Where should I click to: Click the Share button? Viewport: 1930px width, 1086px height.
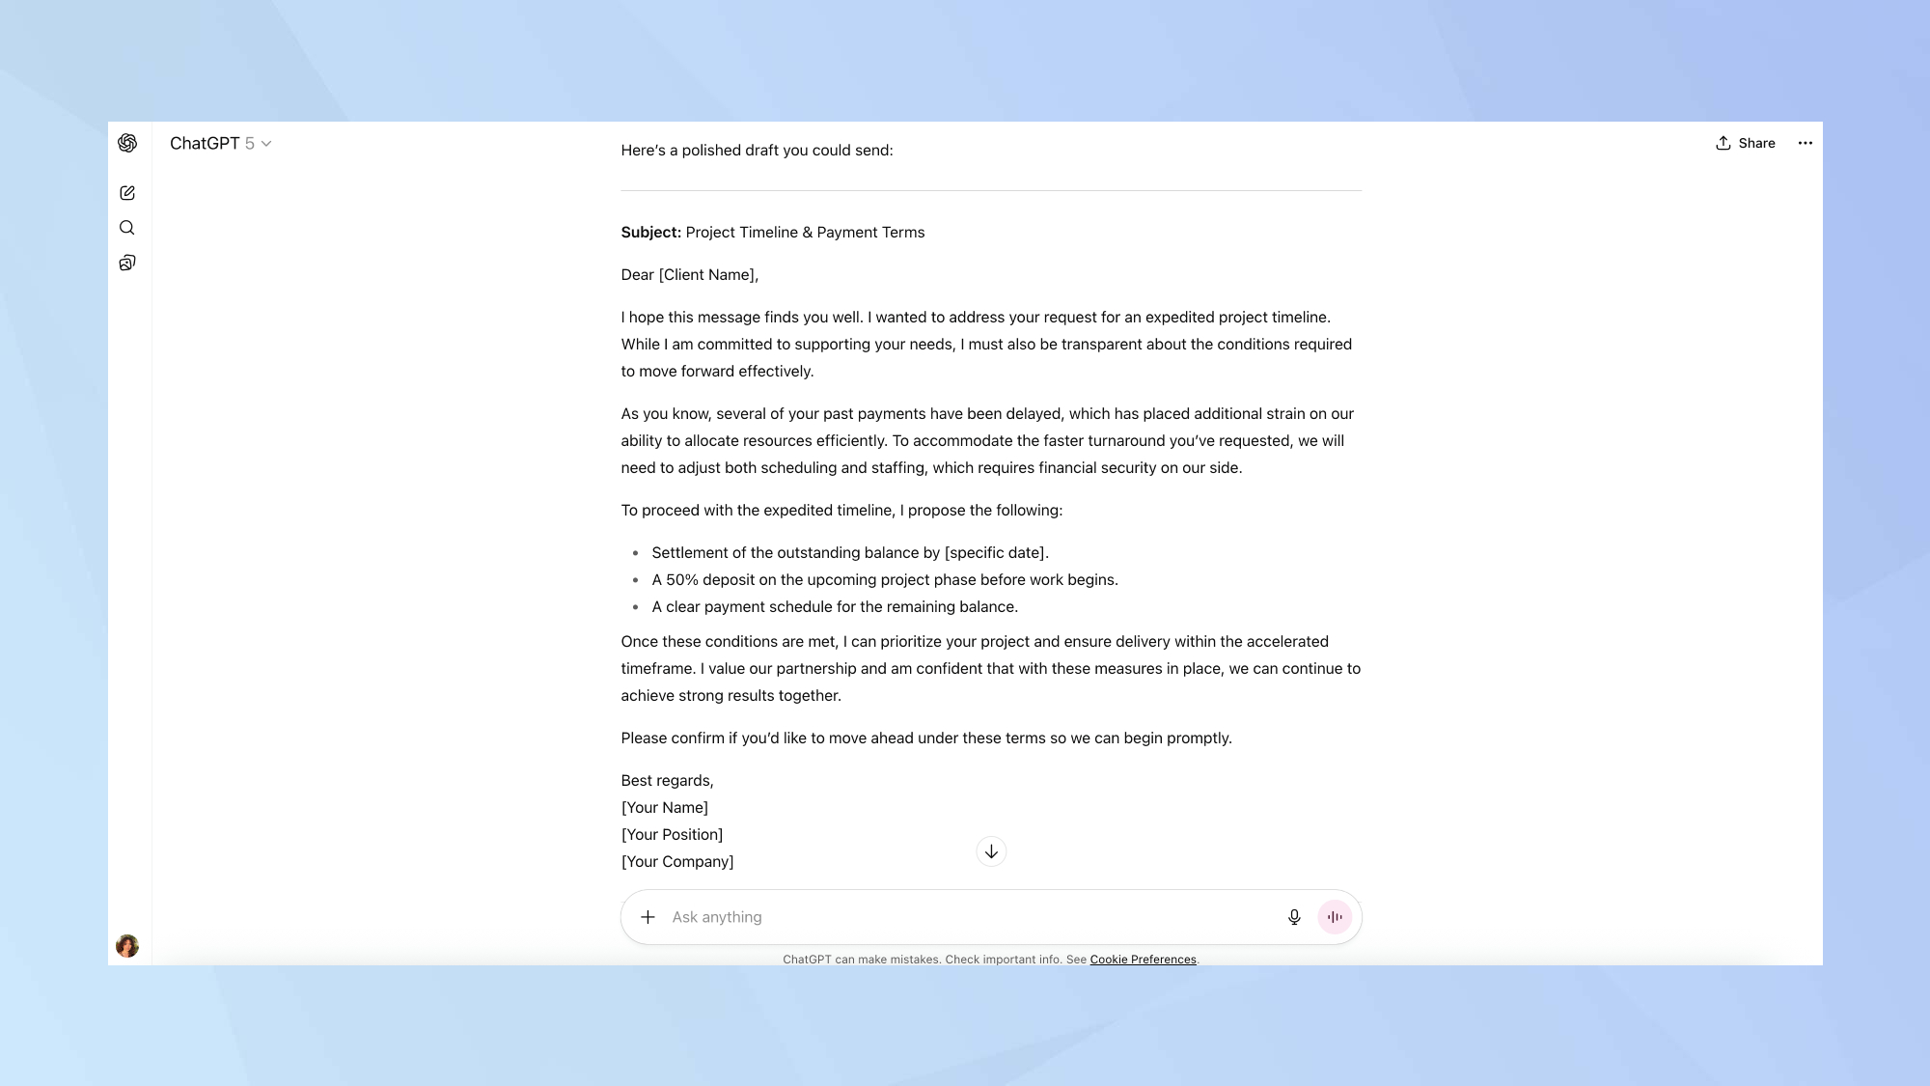click(1745, 143)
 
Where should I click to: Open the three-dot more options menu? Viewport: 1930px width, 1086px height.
click(1805, 143)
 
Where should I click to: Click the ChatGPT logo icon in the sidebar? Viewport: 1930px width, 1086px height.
click(127, 143)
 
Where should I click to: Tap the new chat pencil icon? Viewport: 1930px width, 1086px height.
click(127, 193)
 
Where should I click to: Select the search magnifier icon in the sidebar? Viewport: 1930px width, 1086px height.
click(127, 228)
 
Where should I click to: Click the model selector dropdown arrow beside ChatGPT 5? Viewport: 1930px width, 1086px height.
click(266, 144)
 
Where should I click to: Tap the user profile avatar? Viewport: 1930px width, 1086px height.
click(127, 946)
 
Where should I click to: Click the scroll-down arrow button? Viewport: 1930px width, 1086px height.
click(991, 851)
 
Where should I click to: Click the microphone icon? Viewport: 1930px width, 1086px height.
click(1294, 917)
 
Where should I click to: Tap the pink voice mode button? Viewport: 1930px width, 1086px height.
click(1335, 917)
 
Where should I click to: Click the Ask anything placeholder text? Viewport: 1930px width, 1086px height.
click(717, 917)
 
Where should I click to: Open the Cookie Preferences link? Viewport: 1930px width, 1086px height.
click(1143, 960)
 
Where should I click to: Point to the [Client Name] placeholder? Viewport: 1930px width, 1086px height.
click(707, 275)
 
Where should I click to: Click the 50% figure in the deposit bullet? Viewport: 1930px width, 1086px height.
click(681, 580)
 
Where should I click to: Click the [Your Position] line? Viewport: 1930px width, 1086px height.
click(672, 835)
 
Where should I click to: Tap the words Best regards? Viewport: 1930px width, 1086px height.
click(666, 781)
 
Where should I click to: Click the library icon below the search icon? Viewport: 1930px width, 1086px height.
click(127, 263)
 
